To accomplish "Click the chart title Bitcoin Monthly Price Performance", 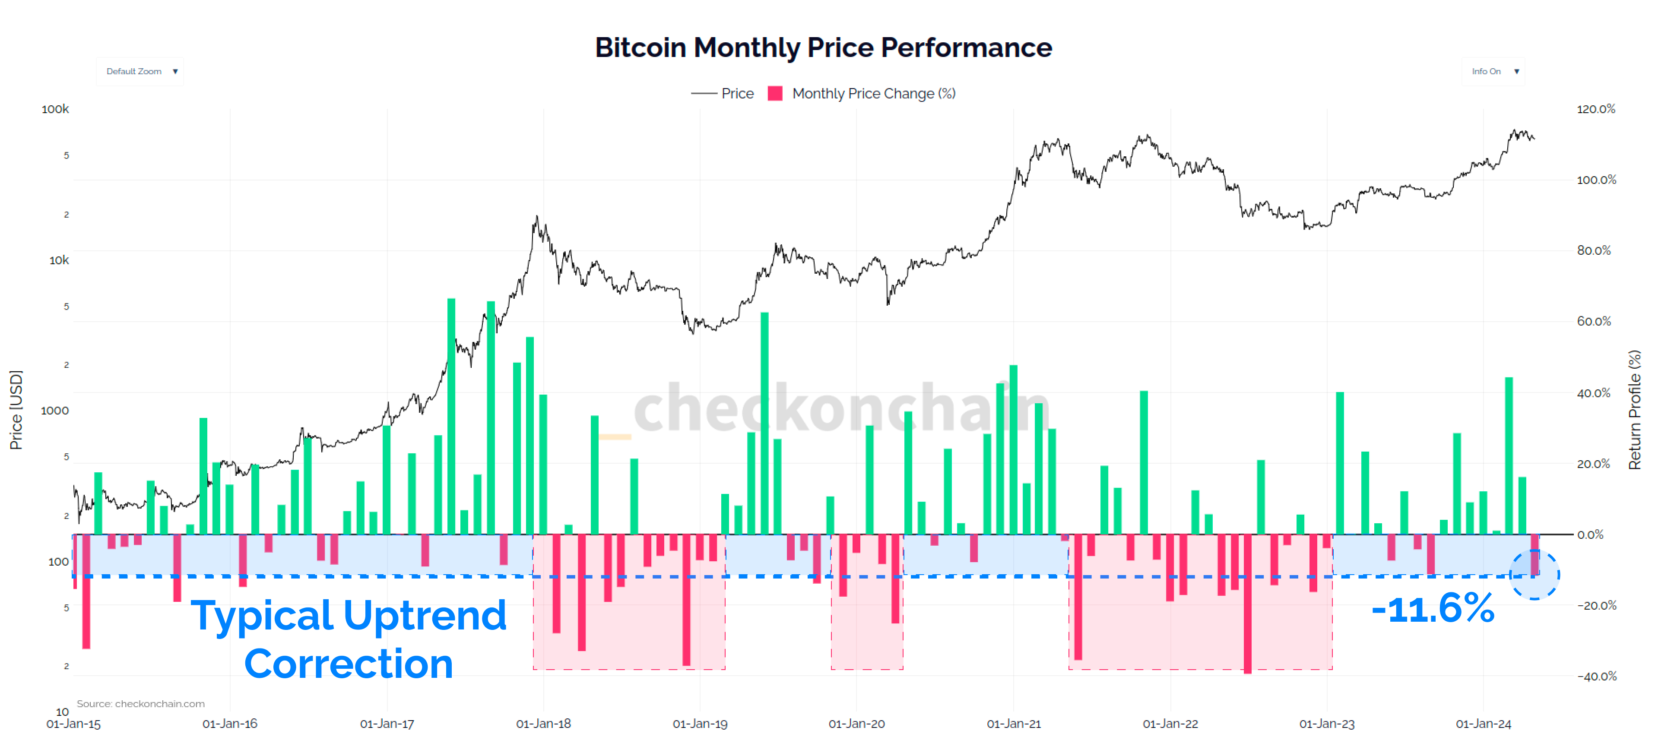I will pyautogui.click(x=823, y=47).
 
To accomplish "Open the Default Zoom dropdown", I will pyautogui.click(x=140, y=71).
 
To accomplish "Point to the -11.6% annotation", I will pyautogui.click(x=1432, y=609).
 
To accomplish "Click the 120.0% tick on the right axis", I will pyautogui.click(x=1595, y=109).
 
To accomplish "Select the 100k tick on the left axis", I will pyautogui.click(x=55, y=109).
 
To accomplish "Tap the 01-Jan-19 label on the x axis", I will pyautogui.click(x=700, y=723).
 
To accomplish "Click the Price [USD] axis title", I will pyautogui.click(x=16, y=410).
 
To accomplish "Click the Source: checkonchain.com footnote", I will pyautogui.click(x=141, y=703).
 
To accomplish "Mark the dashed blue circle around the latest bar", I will pyautogui.click(x=1534, y=575).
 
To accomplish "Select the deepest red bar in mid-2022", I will pyautogui.click(x=1247, y=604).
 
